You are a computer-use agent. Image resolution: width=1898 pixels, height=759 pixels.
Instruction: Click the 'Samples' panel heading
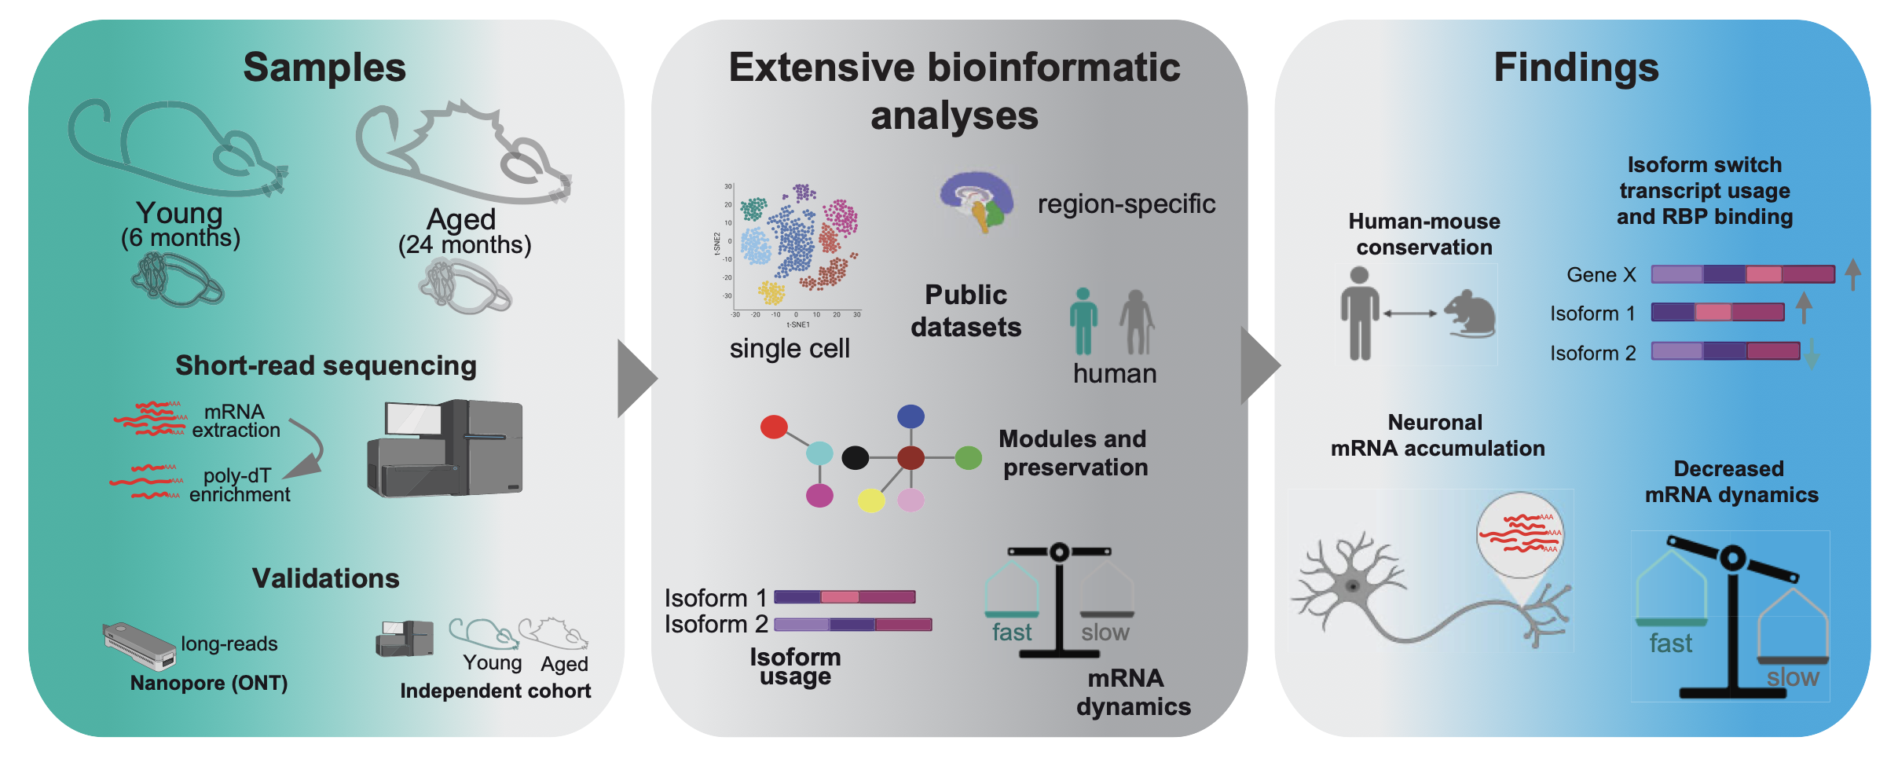[324, 68]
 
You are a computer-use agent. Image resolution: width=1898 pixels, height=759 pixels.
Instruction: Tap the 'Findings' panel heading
[1576, 68]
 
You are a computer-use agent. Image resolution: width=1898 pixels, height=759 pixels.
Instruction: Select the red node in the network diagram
[774, 427]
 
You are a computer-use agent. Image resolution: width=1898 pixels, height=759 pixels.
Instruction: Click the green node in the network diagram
[968, 457]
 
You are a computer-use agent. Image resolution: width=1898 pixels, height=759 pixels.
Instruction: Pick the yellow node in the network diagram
[870, 500]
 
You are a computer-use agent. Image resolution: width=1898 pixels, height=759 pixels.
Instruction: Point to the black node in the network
[855, 457]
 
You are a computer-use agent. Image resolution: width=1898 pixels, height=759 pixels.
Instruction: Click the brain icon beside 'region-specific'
[976, 201]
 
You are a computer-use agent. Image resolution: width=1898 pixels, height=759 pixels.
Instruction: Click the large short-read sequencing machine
[445, 448]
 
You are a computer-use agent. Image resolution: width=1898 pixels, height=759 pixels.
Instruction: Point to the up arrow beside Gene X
[1852, 274]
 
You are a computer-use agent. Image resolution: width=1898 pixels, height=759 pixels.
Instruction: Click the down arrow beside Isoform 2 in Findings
[1812, 353]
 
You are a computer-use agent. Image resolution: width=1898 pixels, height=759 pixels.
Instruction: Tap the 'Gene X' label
[1601, 275]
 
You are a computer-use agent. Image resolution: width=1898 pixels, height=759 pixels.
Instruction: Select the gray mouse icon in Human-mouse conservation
[1469, 314]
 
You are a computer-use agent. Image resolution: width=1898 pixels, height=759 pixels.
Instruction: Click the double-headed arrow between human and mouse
[1410, 313]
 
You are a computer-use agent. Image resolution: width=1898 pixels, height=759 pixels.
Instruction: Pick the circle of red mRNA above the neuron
[1520, 534]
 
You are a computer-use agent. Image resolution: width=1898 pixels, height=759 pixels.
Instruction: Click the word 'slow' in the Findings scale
[1793, 677]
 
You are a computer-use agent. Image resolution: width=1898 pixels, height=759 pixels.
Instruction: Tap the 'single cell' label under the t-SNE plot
[790, 348]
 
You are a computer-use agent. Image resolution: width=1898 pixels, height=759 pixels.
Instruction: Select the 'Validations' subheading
[325, 578]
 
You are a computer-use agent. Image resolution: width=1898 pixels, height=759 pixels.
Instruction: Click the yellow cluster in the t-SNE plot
[771, 293]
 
